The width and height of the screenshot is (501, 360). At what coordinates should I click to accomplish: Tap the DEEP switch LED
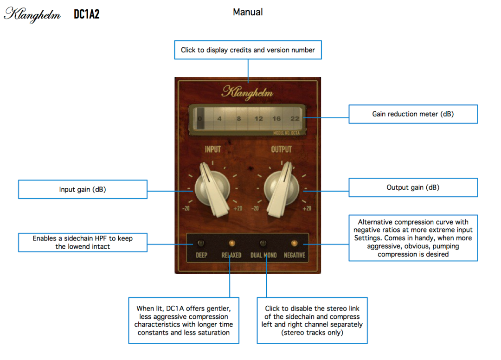point(200,243)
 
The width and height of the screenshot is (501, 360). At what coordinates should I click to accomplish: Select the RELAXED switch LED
point(231,243)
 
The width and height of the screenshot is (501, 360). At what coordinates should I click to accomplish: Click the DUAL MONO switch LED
point(263,243)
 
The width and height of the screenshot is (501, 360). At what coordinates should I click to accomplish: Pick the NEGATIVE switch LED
point(294,243)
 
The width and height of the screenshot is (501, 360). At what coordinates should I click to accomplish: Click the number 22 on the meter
point(295,119)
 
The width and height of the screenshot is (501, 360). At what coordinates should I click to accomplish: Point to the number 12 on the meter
point(258,119)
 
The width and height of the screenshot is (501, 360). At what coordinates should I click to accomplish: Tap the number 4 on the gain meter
point(219,119)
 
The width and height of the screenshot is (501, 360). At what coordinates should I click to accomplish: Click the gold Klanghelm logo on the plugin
point(247,92)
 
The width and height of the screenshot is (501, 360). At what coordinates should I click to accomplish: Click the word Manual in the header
point(248,13)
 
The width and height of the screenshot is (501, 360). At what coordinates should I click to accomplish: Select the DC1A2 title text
point(87,14)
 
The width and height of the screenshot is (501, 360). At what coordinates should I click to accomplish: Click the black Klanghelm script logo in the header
point(32,14)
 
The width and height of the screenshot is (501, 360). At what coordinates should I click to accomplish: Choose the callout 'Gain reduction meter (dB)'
point(413,114)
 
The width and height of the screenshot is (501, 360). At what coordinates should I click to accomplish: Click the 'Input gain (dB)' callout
point(83,189)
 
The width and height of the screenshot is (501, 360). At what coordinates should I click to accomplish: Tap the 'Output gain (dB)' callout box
point(413,187)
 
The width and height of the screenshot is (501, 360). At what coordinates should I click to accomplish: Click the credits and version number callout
point(248,50)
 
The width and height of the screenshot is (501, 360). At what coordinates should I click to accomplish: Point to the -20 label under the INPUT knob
point(186,208)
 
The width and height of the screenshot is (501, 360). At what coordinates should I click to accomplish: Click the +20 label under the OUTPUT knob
point(307,208)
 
